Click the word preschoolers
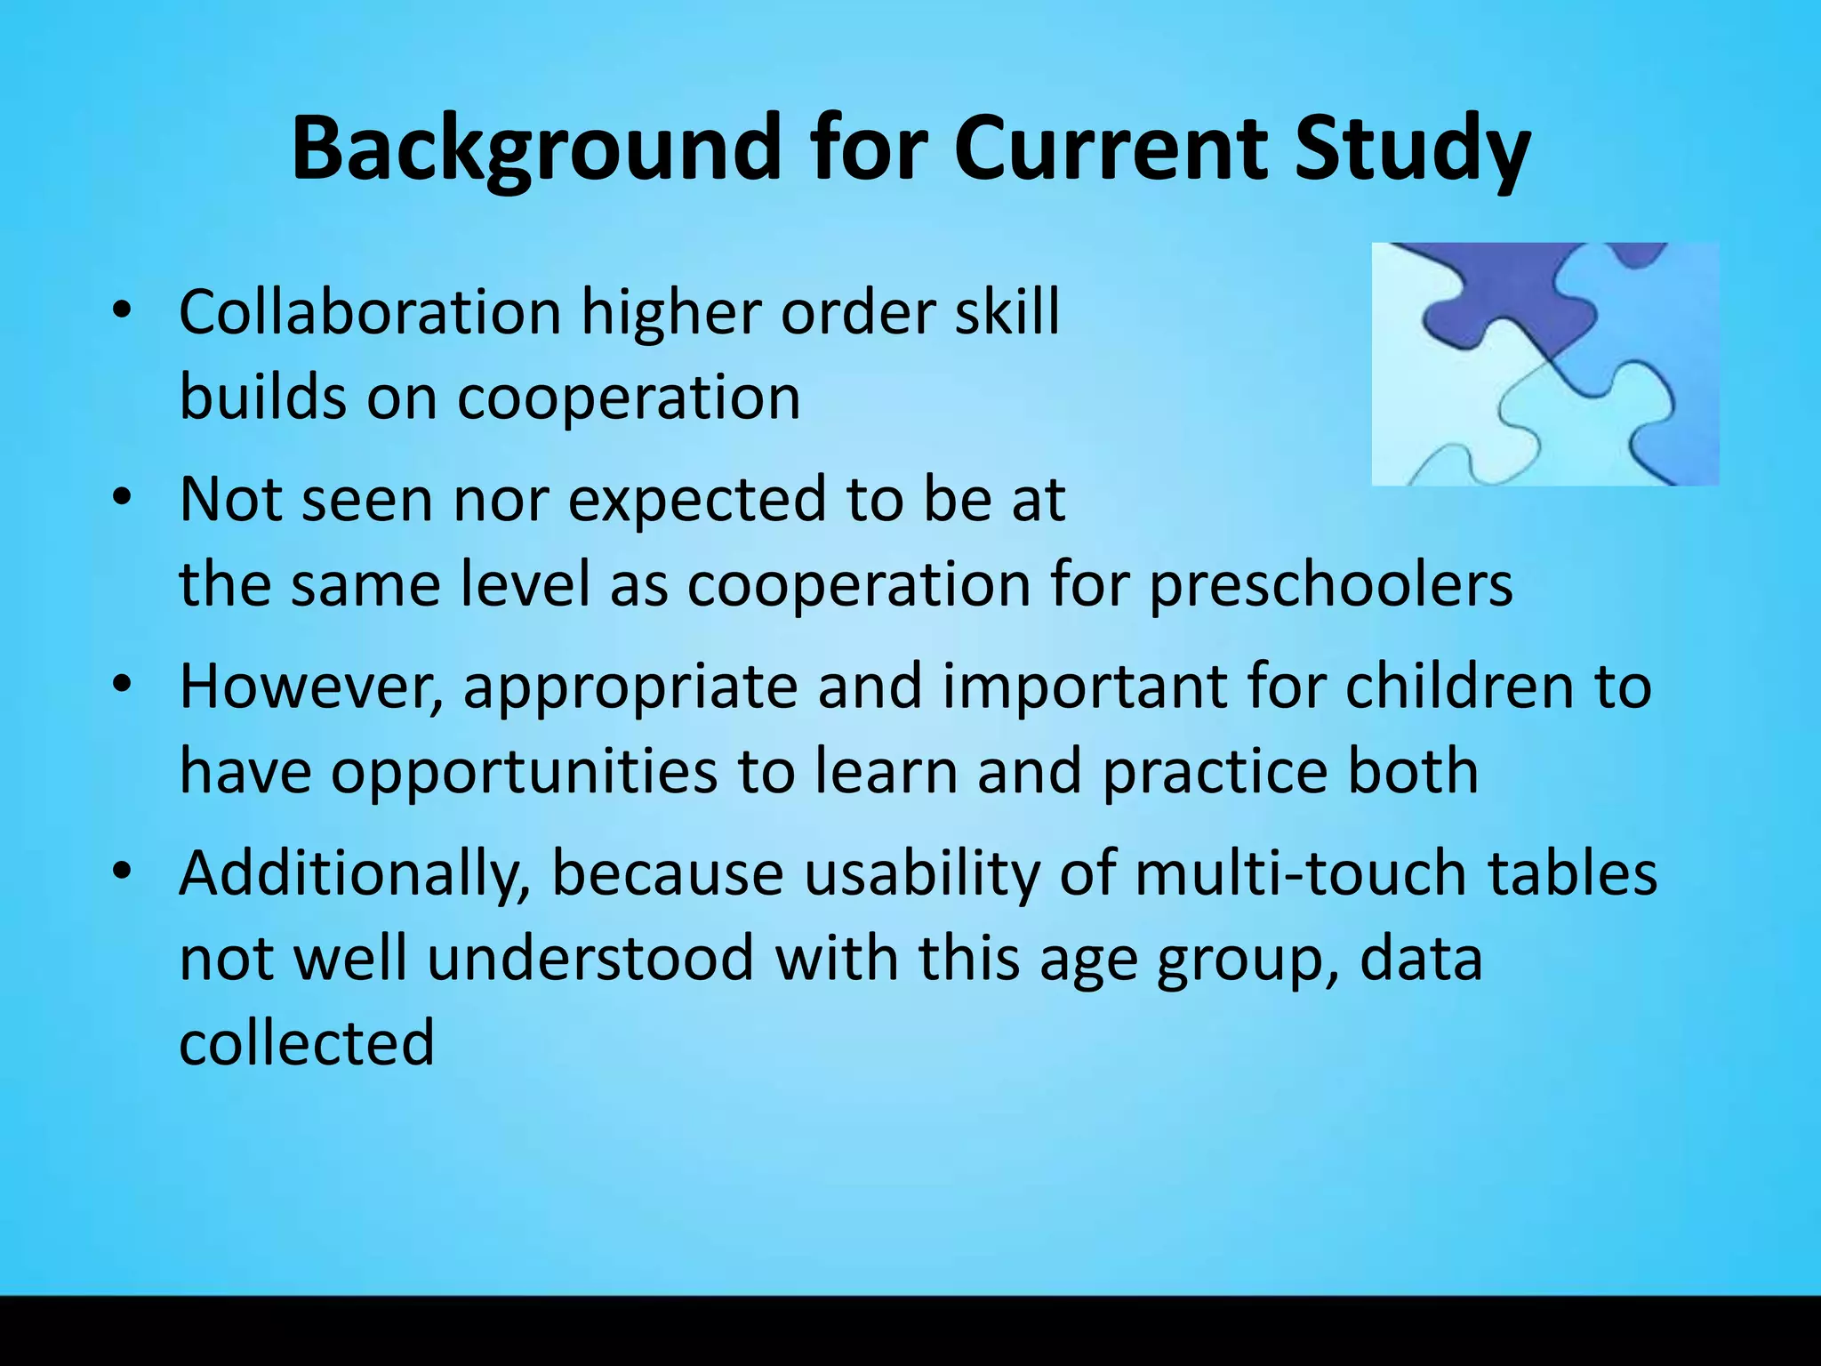[1330, 585]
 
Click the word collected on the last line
[307, 1042]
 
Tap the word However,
[311, 687]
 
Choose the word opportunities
[524, 771]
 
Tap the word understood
[590, 958]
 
